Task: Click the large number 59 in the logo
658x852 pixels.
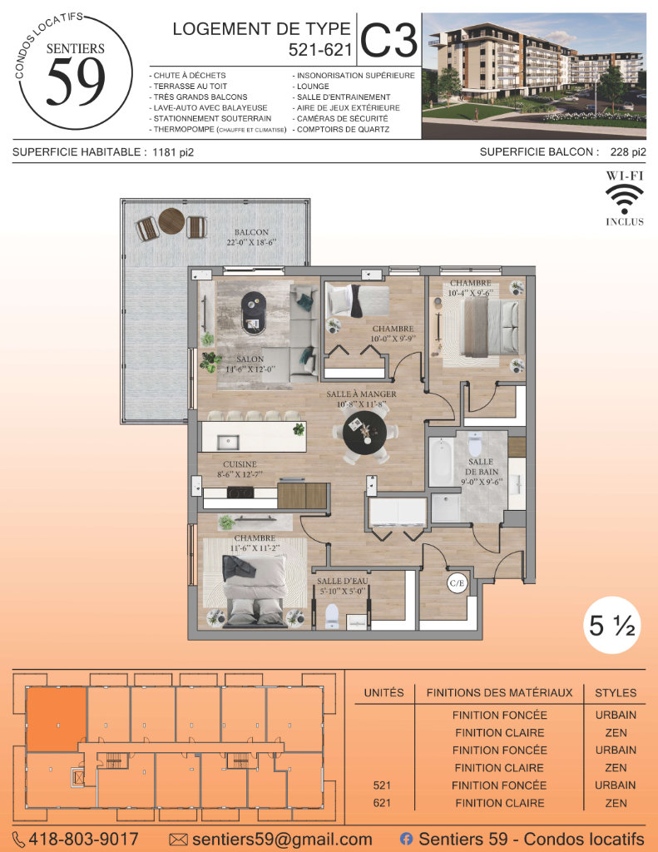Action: click(x=76, y=82)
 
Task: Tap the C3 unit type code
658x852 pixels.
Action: click(x=388, y=40)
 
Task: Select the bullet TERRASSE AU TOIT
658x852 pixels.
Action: click(x=188, y=86)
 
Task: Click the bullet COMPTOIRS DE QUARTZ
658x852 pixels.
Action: click(x=341, y=129)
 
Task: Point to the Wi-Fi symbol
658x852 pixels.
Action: click(x=625, y=199)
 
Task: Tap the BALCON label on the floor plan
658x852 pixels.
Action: click(x=251, y=232)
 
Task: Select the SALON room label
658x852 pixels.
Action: click(x=250, y=359)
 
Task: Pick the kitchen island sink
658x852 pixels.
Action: click(x=228, y=442)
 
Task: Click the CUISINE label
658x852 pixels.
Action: click(x=240, y=464)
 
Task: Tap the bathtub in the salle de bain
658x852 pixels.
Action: click(x=441, y=461)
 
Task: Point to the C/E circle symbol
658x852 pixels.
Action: click(x=457, y=583)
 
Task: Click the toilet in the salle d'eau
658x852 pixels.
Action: click(x=331, y=617)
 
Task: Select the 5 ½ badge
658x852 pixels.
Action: click(x=611, y=626)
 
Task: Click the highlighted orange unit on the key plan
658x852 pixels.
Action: click(x=57, y=719)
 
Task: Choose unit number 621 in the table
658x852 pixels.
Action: click(x=382, y=803)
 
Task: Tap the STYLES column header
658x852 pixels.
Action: click(x=616, y=693)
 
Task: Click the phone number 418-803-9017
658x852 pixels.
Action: click(x=83, y=839)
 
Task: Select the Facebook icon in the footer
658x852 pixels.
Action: click(x=406, y=839)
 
